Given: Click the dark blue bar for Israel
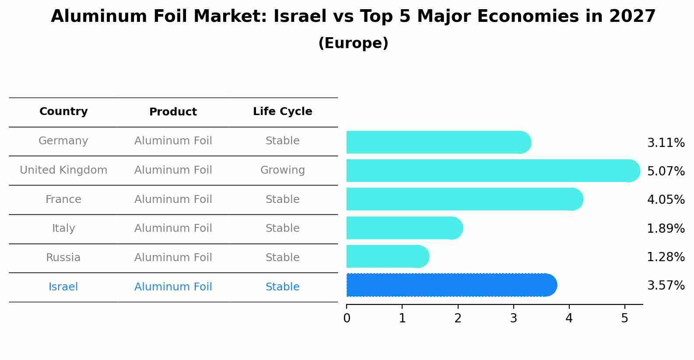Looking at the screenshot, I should [x=451, y=285].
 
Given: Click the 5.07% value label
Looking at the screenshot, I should [x=666, y=171].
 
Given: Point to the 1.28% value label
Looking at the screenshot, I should [x=666, y=257].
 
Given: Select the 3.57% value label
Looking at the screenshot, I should [x=666, y=286].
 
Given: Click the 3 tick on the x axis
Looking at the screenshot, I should [x=513, y=318].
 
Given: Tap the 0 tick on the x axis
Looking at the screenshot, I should [x=347, y=318].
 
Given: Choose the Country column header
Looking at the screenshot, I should [x=63, y=112].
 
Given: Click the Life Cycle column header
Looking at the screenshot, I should [x=282, y=112].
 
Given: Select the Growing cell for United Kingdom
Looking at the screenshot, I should [x=282, y=170].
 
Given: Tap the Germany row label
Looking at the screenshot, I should [x=63, y=141].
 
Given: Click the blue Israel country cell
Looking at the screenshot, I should [x=63, y=287].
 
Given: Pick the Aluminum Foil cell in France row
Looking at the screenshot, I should [x=173, y=199].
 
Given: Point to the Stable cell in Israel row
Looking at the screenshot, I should [x=282, y=287].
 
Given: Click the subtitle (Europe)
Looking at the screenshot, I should [x=353, y=43].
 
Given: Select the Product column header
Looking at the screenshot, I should [x=173, y=112].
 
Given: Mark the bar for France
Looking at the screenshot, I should [x=464, y=199].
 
